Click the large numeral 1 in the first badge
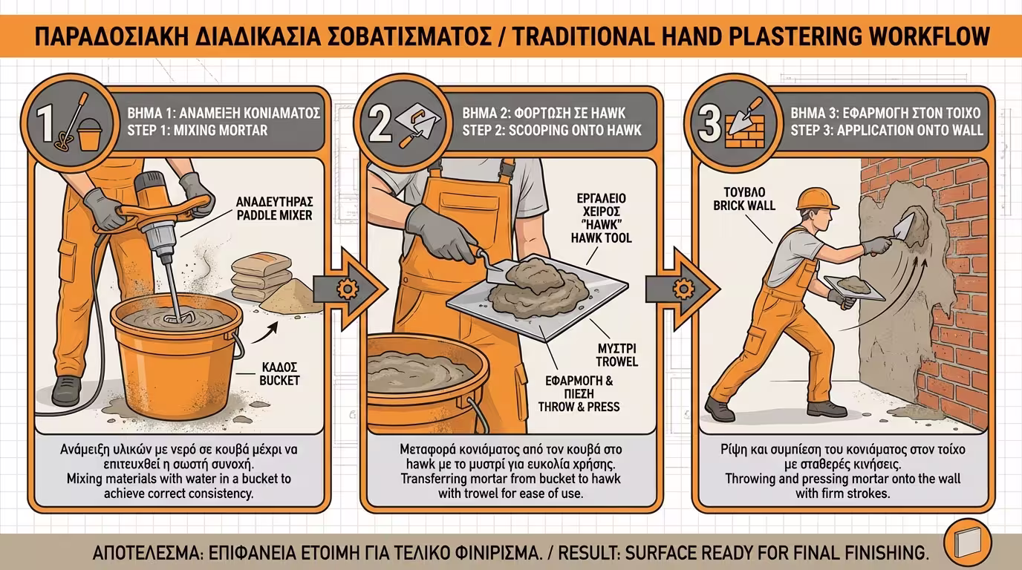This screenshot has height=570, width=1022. coord(46,124)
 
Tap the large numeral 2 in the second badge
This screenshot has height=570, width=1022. coord(380,124)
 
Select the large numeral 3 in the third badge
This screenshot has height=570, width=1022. coord(709,124)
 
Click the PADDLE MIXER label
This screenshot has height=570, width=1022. coord(274,215)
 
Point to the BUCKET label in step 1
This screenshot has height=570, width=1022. coord(279,380)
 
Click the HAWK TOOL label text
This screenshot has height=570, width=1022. coord(602,237)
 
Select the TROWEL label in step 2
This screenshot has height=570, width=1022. coord(617,361)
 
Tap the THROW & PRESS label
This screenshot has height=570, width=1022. coord(579,407)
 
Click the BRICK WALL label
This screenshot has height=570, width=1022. coord(744,206)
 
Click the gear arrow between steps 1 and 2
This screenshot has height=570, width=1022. coord(349,288)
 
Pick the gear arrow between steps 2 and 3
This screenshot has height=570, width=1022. coord(682,288)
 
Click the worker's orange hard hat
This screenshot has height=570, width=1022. coord(817,199)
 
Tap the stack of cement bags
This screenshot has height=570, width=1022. coord(260,276)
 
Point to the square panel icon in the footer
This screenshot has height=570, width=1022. coord(967,543)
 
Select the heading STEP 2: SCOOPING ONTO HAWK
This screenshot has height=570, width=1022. coord(552,131)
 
